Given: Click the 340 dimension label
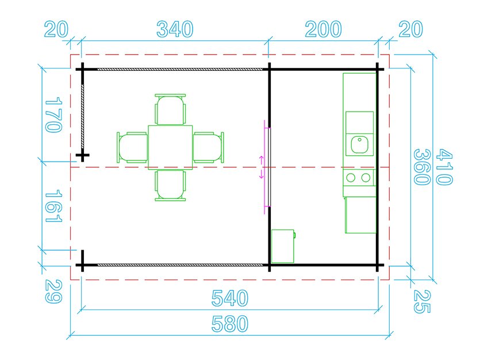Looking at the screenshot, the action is pyautogui.click(x=175, y=29).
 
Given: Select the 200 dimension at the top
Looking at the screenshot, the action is pyautogui.click(x=323, y=29).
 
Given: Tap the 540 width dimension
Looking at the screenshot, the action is pyautogui.click(x=229, y=298).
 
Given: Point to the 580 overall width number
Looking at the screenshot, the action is pyautogui.click(x=229, y=324).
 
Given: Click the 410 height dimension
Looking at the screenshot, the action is pyautogui.click(x=444, y=167).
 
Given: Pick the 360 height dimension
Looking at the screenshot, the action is pyautogui.click(x=422, y=167).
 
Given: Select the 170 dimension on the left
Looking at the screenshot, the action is pyautogui.click(x=54, y=115).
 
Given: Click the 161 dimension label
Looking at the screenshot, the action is pyautogui.click(x=54, y=205).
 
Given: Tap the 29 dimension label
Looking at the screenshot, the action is pyautogui.click(x=54, y=292).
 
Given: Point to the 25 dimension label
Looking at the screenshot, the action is pyautogui.click(x=422, y=301).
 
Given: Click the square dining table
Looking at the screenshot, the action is pyautogui.click(x=170, y=147).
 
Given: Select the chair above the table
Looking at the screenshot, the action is pyautogui.click(x=170, y=109).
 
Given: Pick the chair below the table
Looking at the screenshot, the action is pyautogui.click(x=170, y=186).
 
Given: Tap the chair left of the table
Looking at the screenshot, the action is pyautogui.click(x=132, y=147).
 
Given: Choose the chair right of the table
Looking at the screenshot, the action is pyautogui.click(x=209, y=147).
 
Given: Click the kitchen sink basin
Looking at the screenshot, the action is pyautogui.click(x=359, y=145).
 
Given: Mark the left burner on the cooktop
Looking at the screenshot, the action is pyautogui.click(x=351, y=178).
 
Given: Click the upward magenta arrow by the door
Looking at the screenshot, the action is pyautogui.click(x=262, y=159).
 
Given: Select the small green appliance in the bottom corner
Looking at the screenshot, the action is pyautogui.click(x=283, y=246).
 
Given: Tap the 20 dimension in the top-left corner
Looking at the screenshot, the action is pyautogui.click(x=56, y=29).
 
